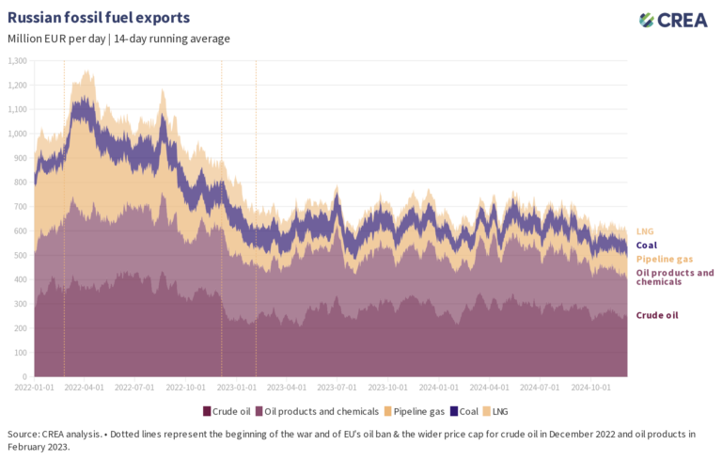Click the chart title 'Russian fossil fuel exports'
pyautogui.click(x=99, y=18)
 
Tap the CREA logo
pyautogui.click(x=673, y=21)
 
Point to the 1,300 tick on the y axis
pyautogui.click(x=18, y=60)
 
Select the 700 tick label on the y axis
pyautogui.click(x=20, y=207)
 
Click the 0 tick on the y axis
pyautogui.click(x=24, y=376)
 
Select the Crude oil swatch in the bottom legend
pyautogui.click(x=207, y=411)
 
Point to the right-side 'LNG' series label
pyautogui.click(x=645, y=230)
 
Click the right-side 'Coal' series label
pyautogui.click(x=648, y=245)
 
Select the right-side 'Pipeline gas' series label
pyautogui.click(x=663, y=259)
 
